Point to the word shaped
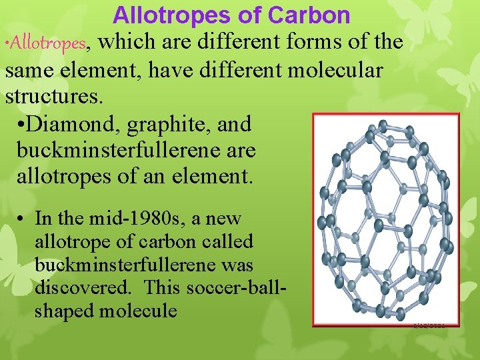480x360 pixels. click(64, 311)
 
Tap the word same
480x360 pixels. click(31, 69)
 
